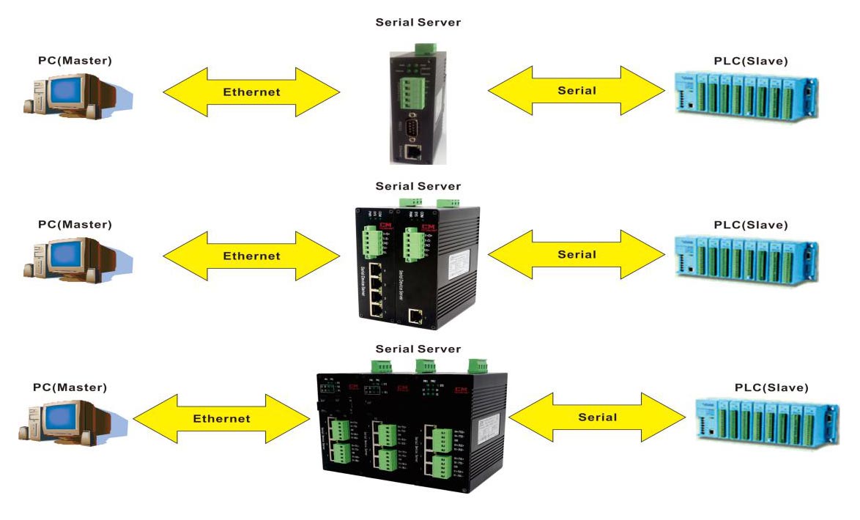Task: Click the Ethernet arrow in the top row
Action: tap(251, 92)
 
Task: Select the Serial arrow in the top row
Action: tap(577, 91)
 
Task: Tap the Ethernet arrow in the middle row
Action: tap(251, 256)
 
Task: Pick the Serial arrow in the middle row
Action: tap(577, 255)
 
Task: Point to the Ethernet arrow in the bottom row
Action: tap(221, 419)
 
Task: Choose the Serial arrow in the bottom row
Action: tap(597, 417)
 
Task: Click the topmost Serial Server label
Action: tap(418, 22)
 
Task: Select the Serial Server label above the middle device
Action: tap(418, 186)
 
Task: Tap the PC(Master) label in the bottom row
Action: tap(70, 387)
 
